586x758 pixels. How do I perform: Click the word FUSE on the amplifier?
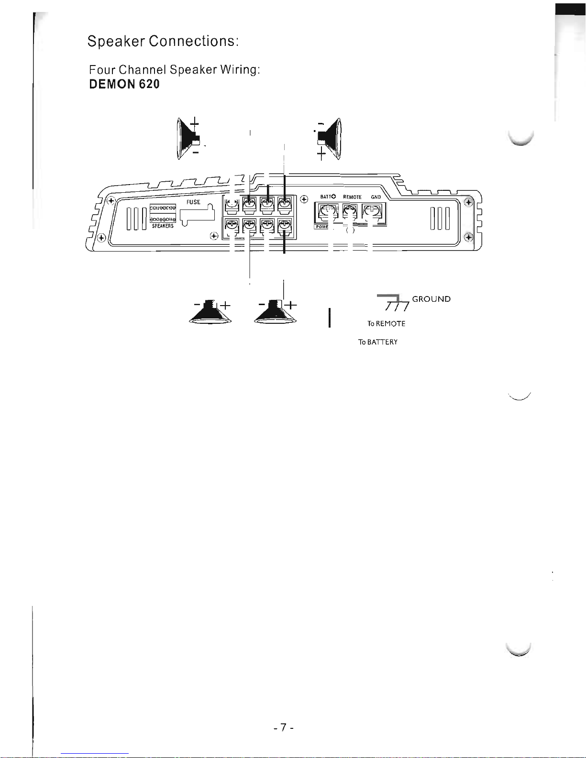point(193,202)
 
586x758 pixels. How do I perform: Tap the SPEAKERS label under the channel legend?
point(163,226)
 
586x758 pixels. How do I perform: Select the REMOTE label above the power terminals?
point(352,197)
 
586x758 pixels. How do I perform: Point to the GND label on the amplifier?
point(376,197)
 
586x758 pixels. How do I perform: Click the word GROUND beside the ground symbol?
point(431,299)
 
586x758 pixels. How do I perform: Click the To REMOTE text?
point(386,324)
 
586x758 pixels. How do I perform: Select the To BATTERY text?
point(378,342)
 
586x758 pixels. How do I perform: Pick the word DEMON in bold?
point(111,85)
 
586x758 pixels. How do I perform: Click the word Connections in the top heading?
point(193,42)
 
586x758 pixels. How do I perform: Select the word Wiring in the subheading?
point(240,70)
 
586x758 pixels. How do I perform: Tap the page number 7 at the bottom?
point(283,728)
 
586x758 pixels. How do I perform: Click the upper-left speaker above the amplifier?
point(188,139)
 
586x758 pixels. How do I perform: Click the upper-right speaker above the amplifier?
point(330,139)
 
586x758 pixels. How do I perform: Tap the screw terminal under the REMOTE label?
point(350,211)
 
